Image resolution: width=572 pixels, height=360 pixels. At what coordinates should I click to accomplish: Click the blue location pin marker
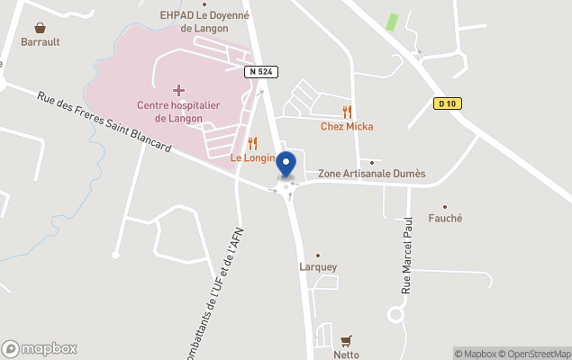tap(286, 166)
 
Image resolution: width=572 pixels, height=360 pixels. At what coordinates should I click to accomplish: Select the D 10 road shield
tap(445, 103)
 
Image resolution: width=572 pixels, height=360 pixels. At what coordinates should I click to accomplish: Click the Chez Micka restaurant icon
tap(347, 112)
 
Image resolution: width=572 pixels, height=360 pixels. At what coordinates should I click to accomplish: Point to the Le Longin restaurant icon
tap(252, 143)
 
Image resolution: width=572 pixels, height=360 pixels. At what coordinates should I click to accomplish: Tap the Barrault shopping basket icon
tap(41, 28)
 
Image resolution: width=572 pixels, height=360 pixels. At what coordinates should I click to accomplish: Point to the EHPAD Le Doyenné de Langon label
tap(204, 22)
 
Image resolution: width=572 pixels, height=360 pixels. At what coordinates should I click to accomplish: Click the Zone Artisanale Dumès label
tap(372, 174)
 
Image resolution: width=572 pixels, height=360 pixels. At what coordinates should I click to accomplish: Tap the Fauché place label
tap(445, 218)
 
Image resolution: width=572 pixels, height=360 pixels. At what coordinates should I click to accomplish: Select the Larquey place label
tap(318, 266)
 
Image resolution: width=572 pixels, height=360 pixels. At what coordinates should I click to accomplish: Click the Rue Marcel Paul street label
tap(406, 254)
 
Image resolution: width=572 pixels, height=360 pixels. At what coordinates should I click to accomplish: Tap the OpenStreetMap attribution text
tap(537, 354)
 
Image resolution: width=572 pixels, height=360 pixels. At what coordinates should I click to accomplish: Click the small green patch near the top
tap(392, 22)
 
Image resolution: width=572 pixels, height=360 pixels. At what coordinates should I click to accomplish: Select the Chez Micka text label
tap(347, 127)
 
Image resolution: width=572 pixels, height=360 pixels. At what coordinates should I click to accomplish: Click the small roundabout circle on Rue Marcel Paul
tap(395, 314)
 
